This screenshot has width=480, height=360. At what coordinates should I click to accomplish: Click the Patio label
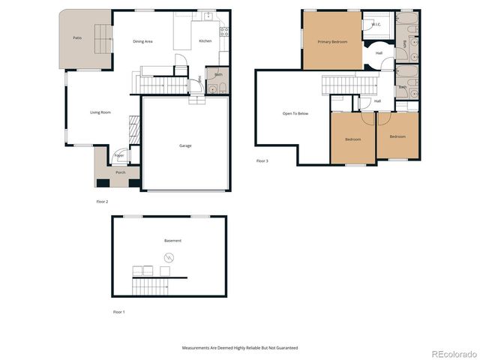tap(77, 37)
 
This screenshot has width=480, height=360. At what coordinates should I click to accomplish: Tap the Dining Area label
tap(142, 41)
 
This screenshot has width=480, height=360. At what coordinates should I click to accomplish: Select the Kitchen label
tap(205, 41)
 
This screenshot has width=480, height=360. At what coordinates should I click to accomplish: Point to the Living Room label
tap(100, 112)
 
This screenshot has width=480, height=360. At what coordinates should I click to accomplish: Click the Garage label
tap(185, 145)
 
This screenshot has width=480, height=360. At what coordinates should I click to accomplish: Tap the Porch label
tap(120, 172)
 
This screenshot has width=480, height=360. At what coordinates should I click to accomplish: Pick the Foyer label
tap(119, 155)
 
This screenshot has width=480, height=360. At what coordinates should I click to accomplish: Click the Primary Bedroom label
tap(332, 42)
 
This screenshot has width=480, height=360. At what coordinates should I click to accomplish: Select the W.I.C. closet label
tap(376, 25)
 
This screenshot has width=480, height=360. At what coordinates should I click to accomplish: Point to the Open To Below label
tap(295, 114)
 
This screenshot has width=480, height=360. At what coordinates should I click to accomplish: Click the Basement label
tap(172, 241)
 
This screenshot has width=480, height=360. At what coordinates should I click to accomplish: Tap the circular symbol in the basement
tap(167, 258)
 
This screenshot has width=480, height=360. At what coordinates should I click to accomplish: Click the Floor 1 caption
tap(119, 311)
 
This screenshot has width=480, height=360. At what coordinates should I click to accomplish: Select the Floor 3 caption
tap(262, 161)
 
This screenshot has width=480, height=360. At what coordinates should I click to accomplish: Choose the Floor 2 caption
tap(102, 202)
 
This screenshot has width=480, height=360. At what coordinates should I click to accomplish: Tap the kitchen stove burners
tap(223, 30)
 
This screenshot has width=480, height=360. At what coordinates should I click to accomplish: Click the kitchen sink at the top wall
tap(208, 15)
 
